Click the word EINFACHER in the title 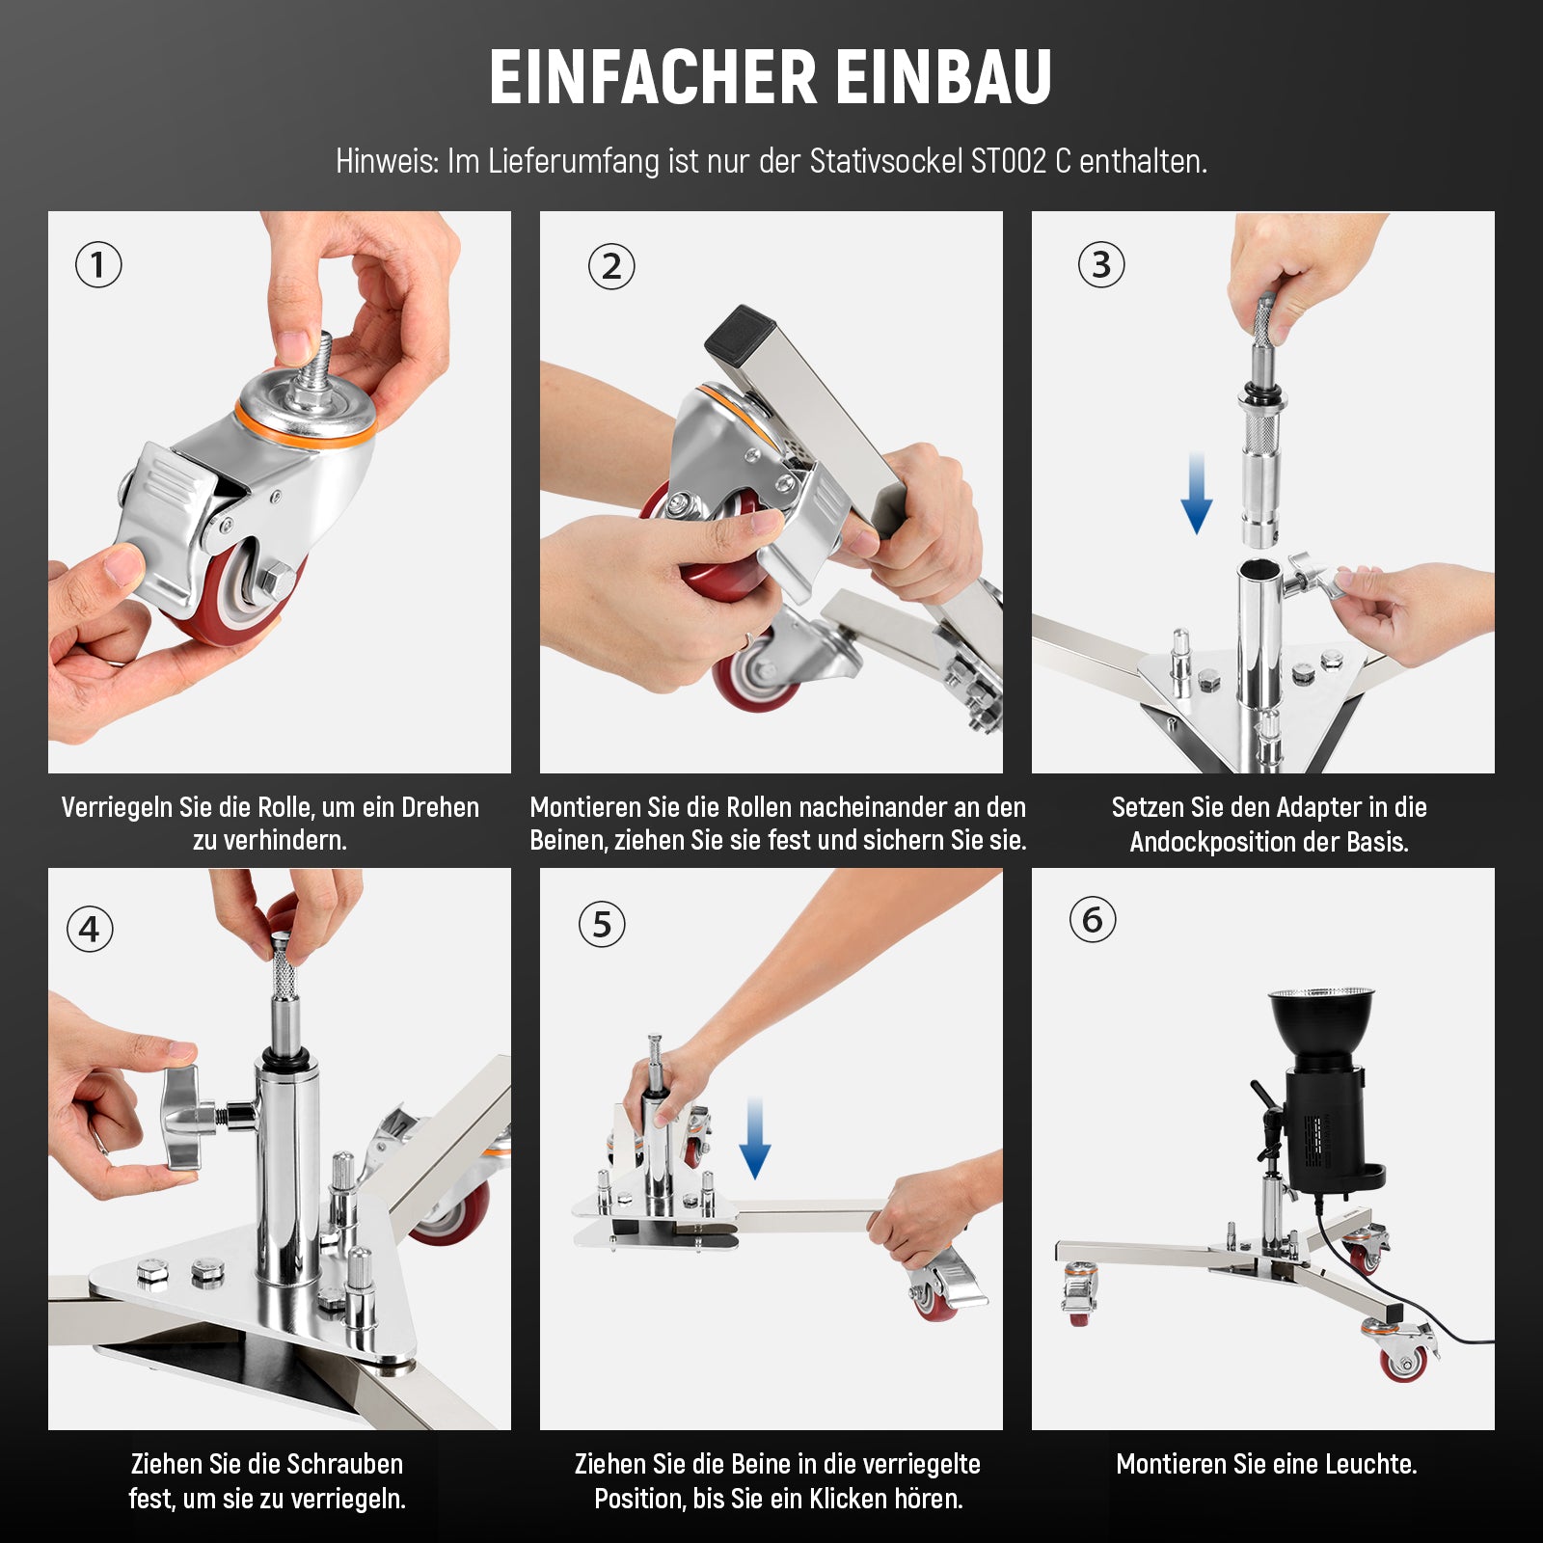click(x=653, y=77)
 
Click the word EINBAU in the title click(x=944, y=77)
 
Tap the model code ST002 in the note click(x=1008, y=161)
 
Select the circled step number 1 click(x=98, y=264)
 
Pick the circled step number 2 click(x=611, y=267)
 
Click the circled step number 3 click(x=1101, y=264)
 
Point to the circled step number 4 click(x=90, y=930)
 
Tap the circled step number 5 click(x=602, y=924)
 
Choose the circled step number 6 click(x=1093, y=920)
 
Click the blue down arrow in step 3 click(x=1197, y=494)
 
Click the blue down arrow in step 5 click(x=755, y=1138)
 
